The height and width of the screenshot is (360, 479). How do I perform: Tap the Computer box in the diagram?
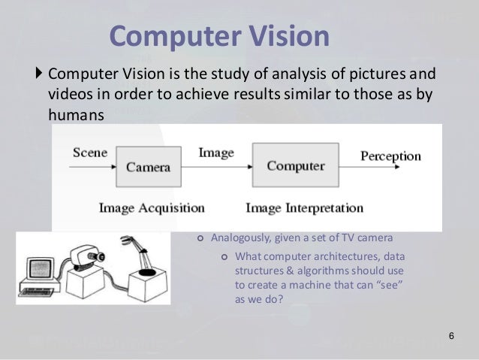coord(291,166)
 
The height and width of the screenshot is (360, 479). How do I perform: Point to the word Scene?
coord(89,153)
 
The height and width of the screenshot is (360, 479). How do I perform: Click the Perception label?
coord(391,156)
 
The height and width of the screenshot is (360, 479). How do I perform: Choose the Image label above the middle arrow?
coord(215,153)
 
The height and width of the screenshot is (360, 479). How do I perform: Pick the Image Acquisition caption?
coord(151,207)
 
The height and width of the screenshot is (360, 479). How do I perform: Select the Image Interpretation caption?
coord(305,207)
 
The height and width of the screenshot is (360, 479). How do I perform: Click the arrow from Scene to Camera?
coord(95,167)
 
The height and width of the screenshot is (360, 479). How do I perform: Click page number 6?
coord(450,335)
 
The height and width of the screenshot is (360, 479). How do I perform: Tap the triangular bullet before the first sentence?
coord(40,75)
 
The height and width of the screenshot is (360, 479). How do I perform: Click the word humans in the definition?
coord(74,113)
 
